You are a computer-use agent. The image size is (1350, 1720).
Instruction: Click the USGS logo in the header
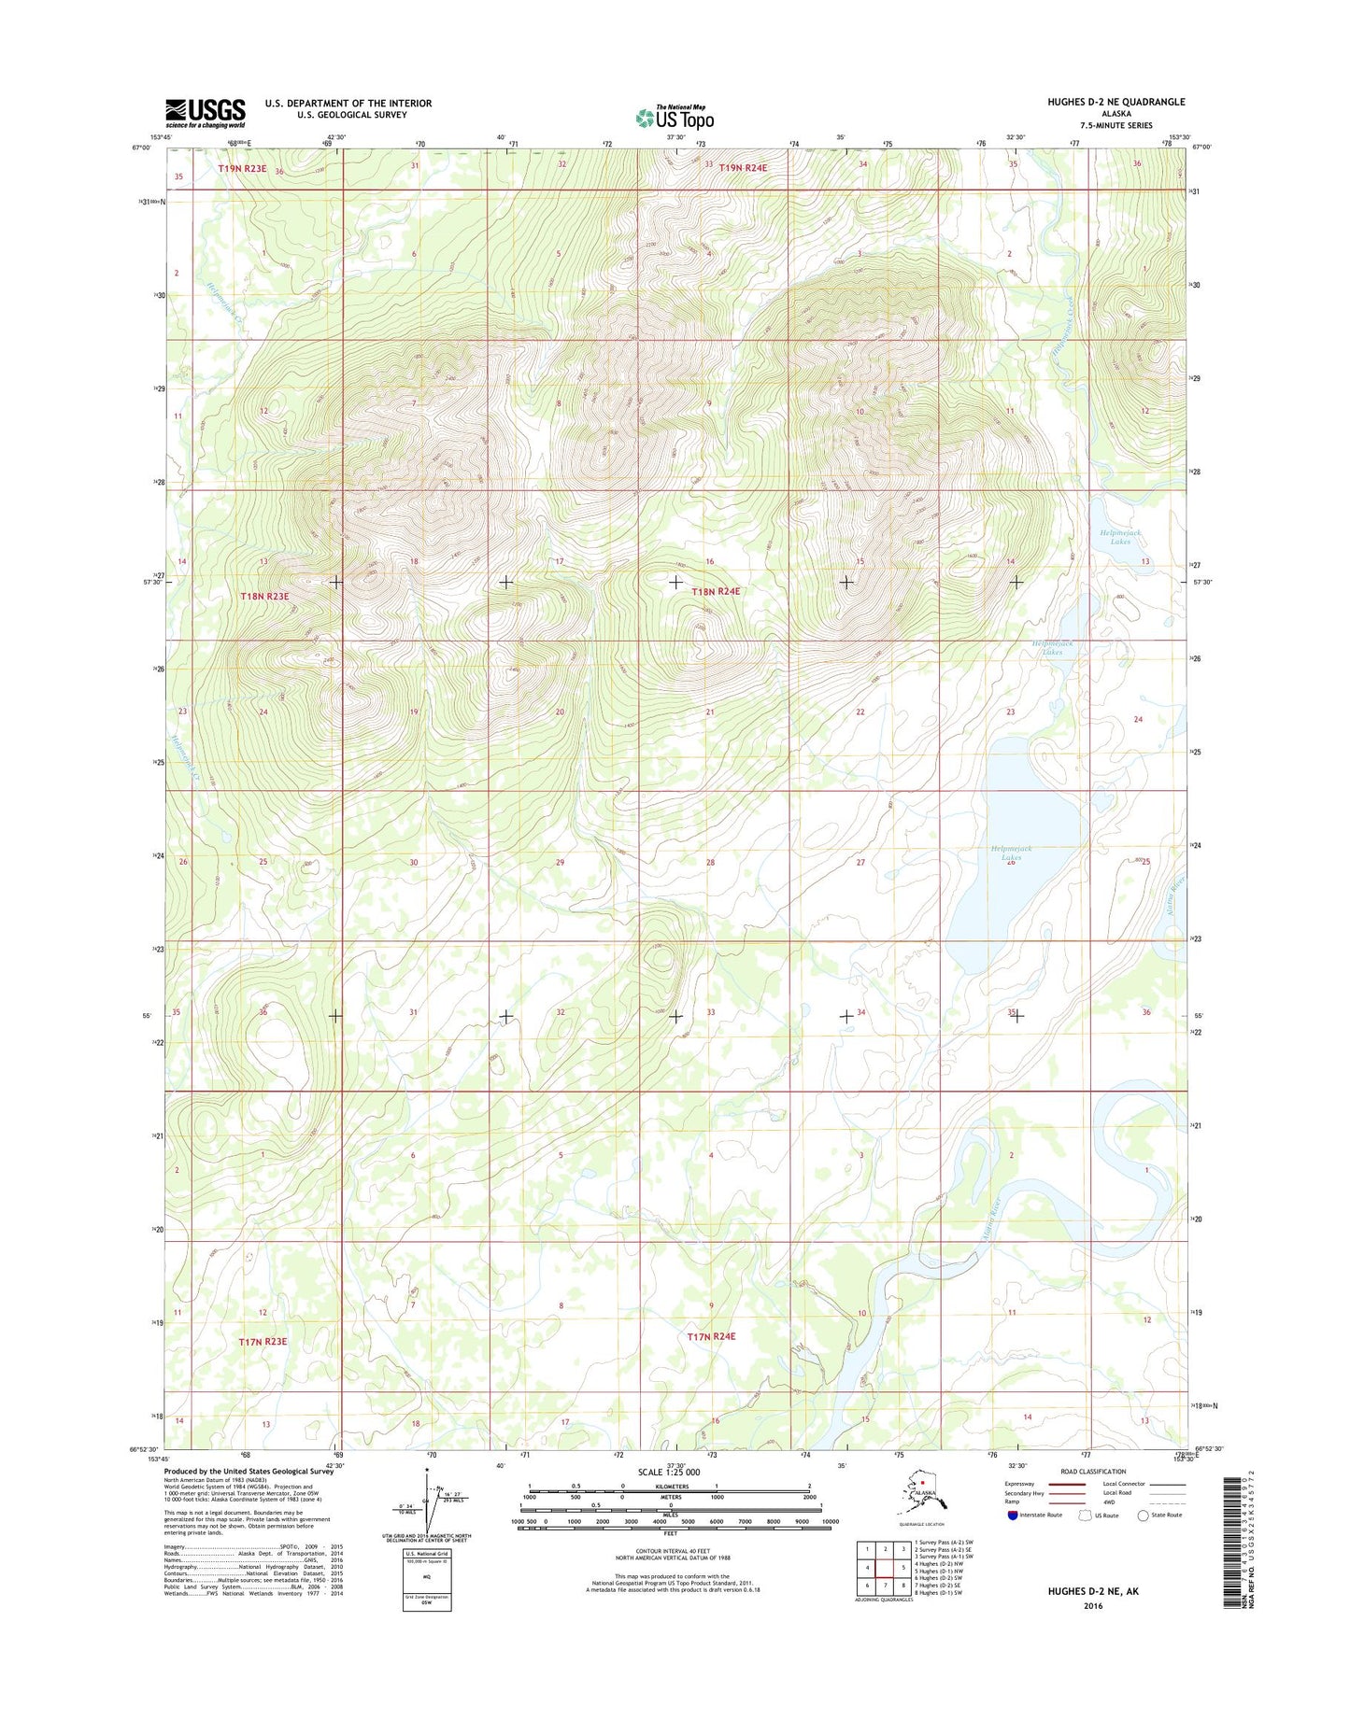pos(206,113)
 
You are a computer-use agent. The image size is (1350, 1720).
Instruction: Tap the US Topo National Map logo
pos(675,117)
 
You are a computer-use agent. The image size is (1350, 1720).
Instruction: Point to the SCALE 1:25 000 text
pos(668,1472)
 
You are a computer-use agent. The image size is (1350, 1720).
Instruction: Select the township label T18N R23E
pos(264,596)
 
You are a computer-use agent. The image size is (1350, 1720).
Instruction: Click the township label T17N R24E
pos(711,1336)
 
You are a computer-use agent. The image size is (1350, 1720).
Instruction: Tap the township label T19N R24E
pos(743,168)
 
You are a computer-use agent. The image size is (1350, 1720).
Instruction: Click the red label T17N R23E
pos(263,1341)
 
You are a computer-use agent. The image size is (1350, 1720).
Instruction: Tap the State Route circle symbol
pos(1142,1515)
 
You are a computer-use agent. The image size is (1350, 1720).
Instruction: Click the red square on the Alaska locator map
pos(922,1481)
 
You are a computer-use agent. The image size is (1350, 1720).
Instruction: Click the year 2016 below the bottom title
pos(1093,1606)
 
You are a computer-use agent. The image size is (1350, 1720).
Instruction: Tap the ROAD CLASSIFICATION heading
pos(1093,1472)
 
